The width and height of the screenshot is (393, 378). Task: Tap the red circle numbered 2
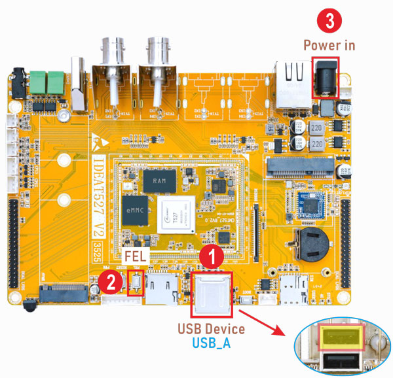click(113, 283)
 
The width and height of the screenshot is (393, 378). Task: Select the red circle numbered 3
click(329, 20)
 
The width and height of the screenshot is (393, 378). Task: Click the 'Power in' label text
click(329, 46)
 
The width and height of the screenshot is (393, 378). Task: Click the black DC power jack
click(326, 78)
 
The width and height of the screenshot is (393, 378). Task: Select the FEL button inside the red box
click(136, 283)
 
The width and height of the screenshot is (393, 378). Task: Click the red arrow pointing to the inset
click(268, 322)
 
